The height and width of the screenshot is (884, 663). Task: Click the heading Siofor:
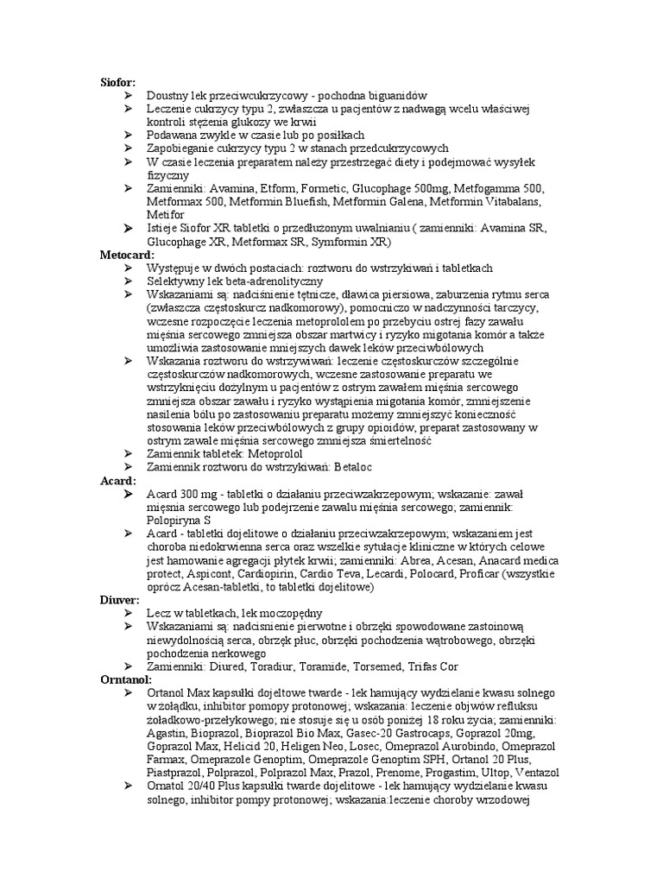point(117,82)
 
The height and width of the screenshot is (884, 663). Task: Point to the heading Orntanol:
point(125,680)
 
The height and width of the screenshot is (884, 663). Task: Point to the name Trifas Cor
point(429,666)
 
